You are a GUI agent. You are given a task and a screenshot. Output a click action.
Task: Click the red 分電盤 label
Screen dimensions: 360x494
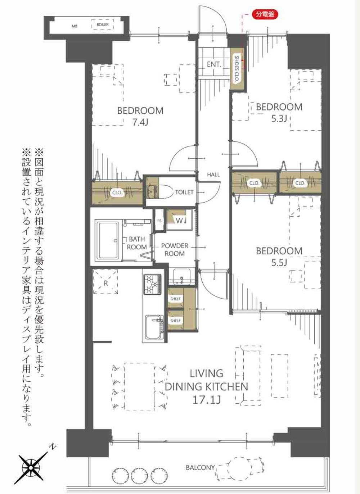265,14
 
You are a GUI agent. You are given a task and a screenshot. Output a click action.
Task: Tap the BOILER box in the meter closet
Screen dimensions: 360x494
103,24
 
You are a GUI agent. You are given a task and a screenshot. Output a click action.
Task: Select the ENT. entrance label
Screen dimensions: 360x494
214,65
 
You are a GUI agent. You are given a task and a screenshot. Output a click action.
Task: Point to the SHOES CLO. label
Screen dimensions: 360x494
237,69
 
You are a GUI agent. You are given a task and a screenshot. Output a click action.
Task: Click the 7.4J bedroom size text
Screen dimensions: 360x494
140,122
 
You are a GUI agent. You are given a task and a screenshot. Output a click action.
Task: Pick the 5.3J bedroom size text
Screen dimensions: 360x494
279,119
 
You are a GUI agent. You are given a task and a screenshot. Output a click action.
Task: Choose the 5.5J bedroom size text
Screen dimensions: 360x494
279,263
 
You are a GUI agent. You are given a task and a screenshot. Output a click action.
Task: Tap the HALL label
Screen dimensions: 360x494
213,175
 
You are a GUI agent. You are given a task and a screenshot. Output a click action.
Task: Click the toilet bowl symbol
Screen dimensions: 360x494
159,192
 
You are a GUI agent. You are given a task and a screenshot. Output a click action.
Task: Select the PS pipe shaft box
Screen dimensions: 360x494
159,221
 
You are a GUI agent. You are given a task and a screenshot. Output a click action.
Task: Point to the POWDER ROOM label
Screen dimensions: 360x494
175,250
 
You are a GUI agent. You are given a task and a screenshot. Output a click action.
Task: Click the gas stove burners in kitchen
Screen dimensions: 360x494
153,284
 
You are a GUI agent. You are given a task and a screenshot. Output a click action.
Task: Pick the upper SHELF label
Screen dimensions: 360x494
175,299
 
